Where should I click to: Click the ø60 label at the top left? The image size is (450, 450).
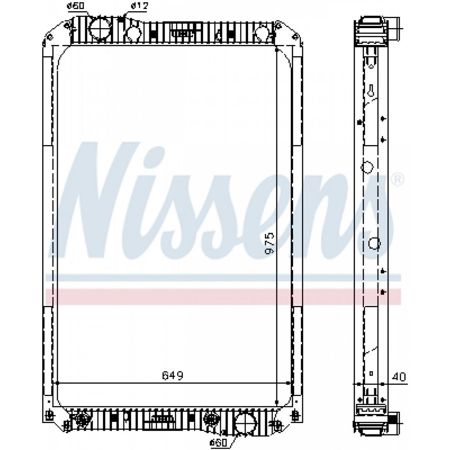coord(76,6)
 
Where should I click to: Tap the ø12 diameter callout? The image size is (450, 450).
coord(139,6)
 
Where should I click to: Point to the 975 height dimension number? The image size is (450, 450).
coord(269,243)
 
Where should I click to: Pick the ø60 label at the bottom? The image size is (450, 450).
coord(218,442)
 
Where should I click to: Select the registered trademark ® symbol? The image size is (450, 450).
coord(397,179)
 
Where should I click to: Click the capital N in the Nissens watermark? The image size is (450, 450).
coord(94,200)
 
